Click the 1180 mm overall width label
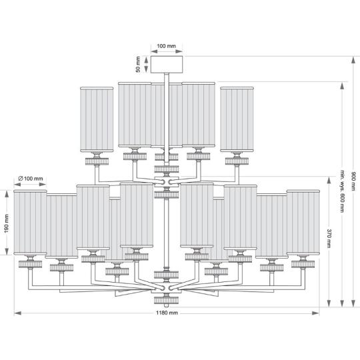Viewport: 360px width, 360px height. pos(167,313)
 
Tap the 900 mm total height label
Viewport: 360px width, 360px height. pos(353,181)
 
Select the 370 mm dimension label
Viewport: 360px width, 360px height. pos(329,238)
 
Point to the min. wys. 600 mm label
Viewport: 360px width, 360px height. pos(342,191)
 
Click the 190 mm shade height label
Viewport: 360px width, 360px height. pos(7,223)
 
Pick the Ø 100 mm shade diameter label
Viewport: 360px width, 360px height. pos(31,179)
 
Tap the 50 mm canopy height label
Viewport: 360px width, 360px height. pos(138,65)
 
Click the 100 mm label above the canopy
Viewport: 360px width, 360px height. pos(167,46)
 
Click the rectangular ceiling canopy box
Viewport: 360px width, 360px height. pos(167,65)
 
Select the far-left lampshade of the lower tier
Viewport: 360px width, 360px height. pos(30,222)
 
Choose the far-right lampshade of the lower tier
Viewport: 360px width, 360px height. pos(303,222)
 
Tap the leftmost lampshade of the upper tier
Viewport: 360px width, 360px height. pos(97,119)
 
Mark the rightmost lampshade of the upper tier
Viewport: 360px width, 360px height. pos(237,119)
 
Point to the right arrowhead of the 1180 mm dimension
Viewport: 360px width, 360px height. pos(316,313)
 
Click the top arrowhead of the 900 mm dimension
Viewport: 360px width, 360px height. pos(353,60)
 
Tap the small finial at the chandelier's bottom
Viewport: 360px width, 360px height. pos(167,305)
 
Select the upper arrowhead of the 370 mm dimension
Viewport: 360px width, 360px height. pos(329,180)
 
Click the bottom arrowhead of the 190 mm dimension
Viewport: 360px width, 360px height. pos(7,251)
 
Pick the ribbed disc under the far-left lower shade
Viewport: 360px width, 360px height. pos(30,264)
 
